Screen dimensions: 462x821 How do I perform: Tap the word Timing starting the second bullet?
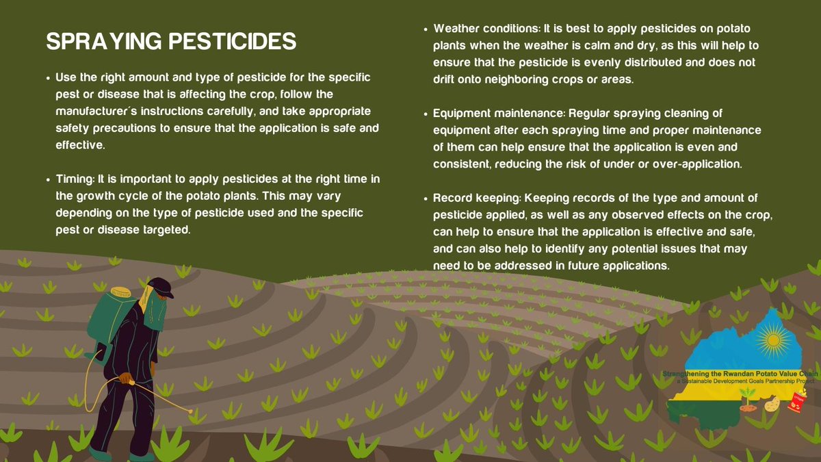[74, 179]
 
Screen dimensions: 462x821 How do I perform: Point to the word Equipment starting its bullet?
[461, 114]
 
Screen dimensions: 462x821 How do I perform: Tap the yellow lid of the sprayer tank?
[120, 291]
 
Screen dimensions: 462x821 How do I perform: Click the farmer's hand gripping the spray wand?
[126, 378]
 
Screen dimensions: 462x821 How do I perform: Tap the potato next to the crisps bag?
[772, 405]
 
